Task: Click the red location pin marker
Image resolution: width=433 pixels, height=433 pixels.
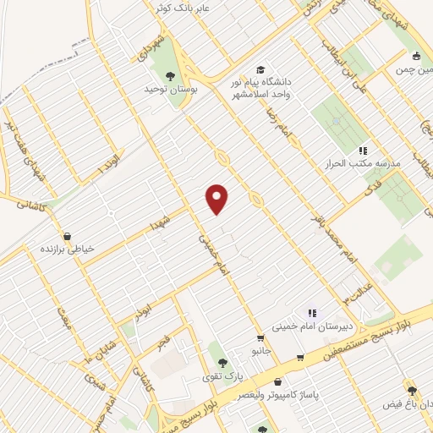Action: [218, 199]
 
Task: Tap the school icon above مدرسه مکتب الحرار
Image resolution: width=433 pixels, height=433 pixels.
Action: [364, 150]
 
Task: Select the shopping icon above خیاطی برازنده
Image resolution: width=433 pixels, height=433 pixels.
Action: [67, 237]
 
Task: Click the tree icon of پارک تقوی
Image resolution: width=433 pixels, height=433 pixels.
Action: [211, 360]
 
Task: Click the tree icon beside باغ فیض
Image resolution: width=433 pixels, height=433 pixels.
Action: [412, 391]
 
